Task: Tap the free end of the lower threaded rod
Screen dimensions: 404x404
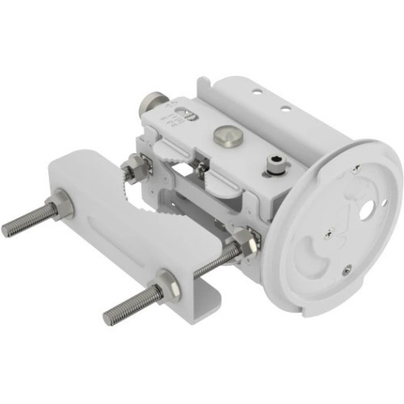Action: pos(109,316)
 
